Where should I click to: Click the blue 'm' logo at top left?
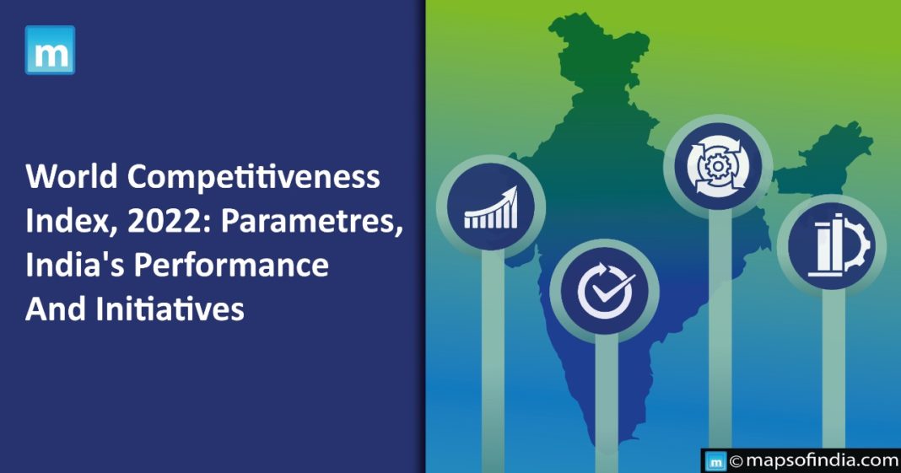coord(50,50)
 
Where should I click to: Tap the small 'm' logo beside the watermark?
coord(715,461)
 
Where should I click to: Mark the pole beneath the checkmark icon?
coord(606,405)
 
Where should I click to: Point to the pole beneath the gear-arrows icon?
coord(720,337)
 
